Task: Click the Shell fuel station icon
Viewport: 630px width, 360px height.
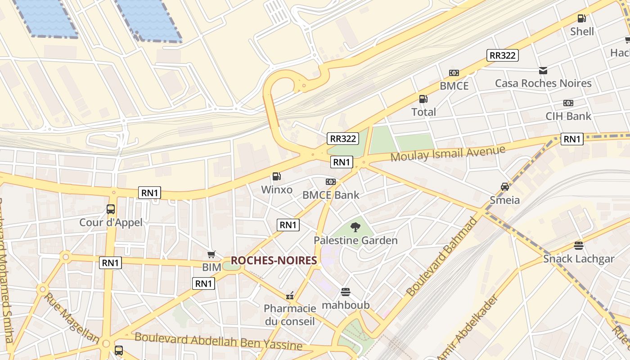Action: click(x=582, y=18)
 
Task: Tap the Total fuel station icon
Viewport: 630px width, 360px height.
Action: click(x=423, y=99)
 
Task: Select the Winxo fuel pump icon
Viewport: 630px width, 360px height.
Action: click(x=276, y=177)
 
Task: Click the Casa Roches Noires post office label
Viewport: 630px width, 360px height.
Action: click(x=543, y=83)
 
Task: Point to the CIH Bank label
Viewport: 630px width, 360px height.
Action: click(x=568, y=116)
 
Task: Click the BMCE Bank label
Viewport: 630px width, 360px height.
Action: click(x=331, y=195)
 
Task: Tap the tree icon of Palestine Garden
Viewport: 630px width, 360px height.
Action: click(x=355, y=227)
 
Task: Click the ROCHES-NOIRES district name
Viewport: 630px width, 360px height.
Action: click(x=274, y=260)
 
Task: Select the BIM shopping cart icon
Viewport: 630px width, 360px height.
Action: click(x=211, y=255)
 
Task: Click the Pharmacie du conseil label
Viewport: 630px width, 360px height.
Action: click(x=290, y=315)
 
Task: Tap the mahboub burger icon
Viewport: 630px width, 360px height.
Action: click(x=346, y=292)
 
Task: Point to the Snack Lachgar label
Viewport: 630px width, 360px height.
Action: click(x=578, y=259)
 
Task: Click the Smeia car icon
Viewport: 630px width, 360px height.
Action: click(x=505, y=187)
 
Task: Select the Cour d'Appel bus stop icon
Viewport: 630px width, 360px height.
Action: click(x=111, y=209)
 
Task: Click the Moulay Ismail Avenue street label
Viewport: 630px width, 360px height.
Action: click(x=448, y=153)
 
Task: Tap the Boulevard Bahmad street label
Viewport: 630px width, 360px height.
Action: click(x=441, y=256)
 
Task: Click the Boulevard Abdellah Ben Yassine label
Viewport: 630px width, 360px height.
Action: click(x=218, y=341)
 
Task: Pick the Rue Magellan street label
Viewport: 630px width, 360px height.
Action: click(x=71, y=317)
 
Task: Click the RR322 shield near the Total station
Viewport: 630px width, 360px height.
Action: click(x=502, y=55)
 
